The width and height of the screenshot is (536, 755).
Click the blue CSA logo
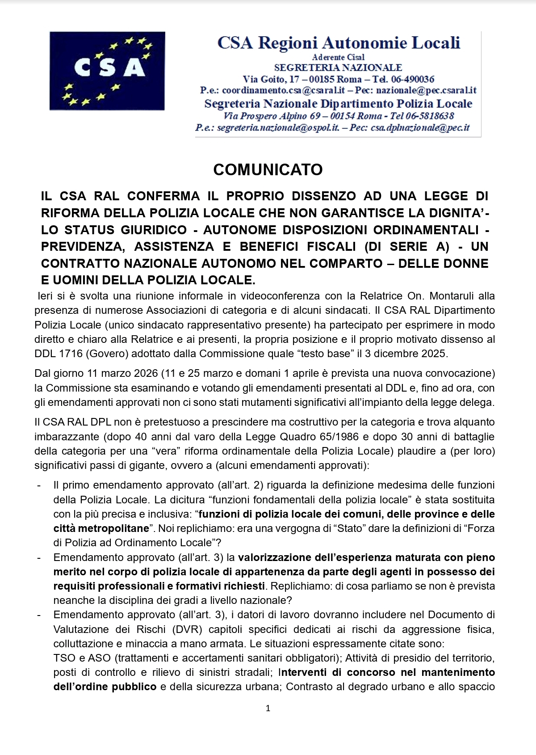pyautogui.click(x=107, y=71)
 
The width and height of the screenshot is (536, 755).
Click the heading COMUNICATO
pyautogui.click(x=268, y=170)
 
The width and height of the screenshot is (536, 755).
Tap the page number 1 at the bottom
pyautogui.click(x=268, y=708)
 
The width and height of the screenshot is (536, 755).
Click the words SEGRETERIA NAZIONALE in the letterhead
pyautogui.click(x=338, y=67)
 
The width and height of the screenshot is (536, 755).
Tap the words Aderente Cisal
pyautogui.click(x=338, y=57)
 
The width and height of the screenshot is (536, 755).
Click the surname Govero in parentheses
pyautogui.click(x=104, y=354)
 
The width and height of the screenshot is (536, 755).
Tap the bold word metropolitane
pyautogui.click(x=113, y=528)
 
